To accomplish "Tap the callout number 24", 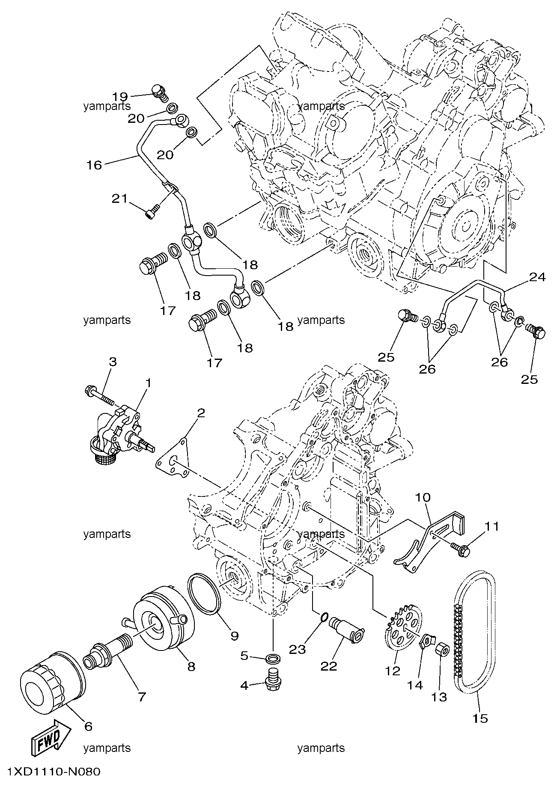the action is point(537,277).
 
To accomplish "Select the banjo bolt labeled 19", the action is point(161,94).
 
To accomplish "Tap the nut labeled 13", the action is point(442,663).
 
